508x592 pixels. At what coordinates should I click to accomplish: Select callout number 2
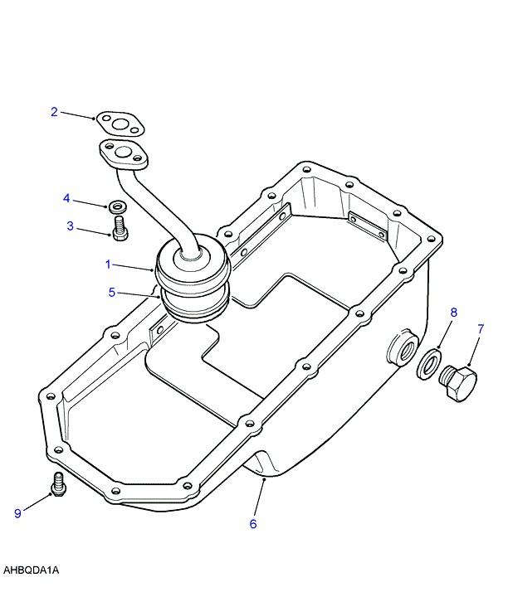(55, 111)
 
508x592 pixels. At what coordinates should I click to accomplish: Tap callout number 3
(71, 225)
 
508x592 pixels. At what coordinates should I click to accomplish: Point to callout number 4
(66, 197)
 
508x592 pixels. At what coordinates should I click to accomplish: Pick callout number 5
(112, 292)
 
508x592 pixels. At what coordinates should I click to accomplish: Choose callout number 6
(253, 523)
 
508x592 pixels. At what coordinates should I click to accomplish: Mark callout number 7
(480, 329)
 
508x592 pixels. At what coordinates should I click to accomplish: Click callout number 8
(454, 313)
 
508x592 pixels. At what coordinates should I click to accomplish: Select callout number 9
(17, 513)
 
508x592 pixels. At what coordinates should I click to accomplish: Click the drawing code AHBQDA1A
(31, 570)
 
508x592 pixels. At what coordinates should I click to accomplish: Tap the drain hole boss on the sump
(399, 350)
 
